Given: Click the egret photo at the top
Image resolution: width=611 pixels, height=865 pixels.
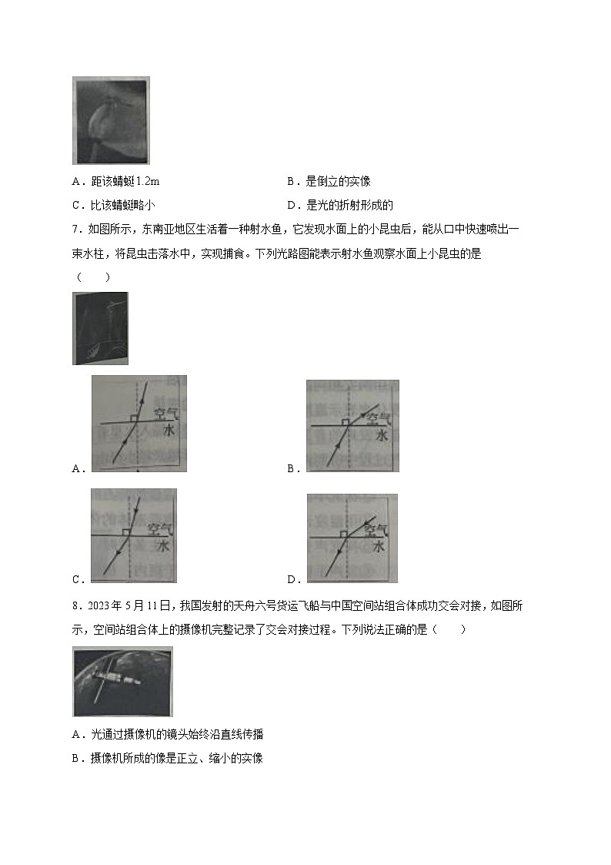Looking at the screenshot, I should coord(111,120).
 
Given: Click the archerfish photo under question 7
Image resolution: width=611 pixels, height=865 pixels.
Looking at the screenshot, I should coord(100,328).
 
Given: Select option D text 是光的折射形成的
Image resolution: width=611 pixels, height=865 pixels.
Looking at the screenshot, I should coord(349,205).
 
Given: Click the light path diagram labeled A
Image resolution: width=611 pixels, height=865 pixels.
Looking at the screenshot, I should coord(139,423).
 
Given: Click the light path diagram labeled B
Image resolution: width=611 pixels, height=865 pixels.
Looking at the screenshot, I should coord(352,426).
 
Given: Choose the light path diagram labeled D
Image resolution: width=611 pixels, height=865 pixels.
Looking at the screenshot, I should coord(352,538).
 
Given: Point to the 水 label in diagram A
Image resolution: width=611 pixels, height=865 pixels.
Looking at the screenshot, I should coord(168,431).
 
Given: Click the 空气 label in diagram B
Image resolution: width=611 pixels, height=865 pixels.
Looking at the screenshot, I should coord(378,419).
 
